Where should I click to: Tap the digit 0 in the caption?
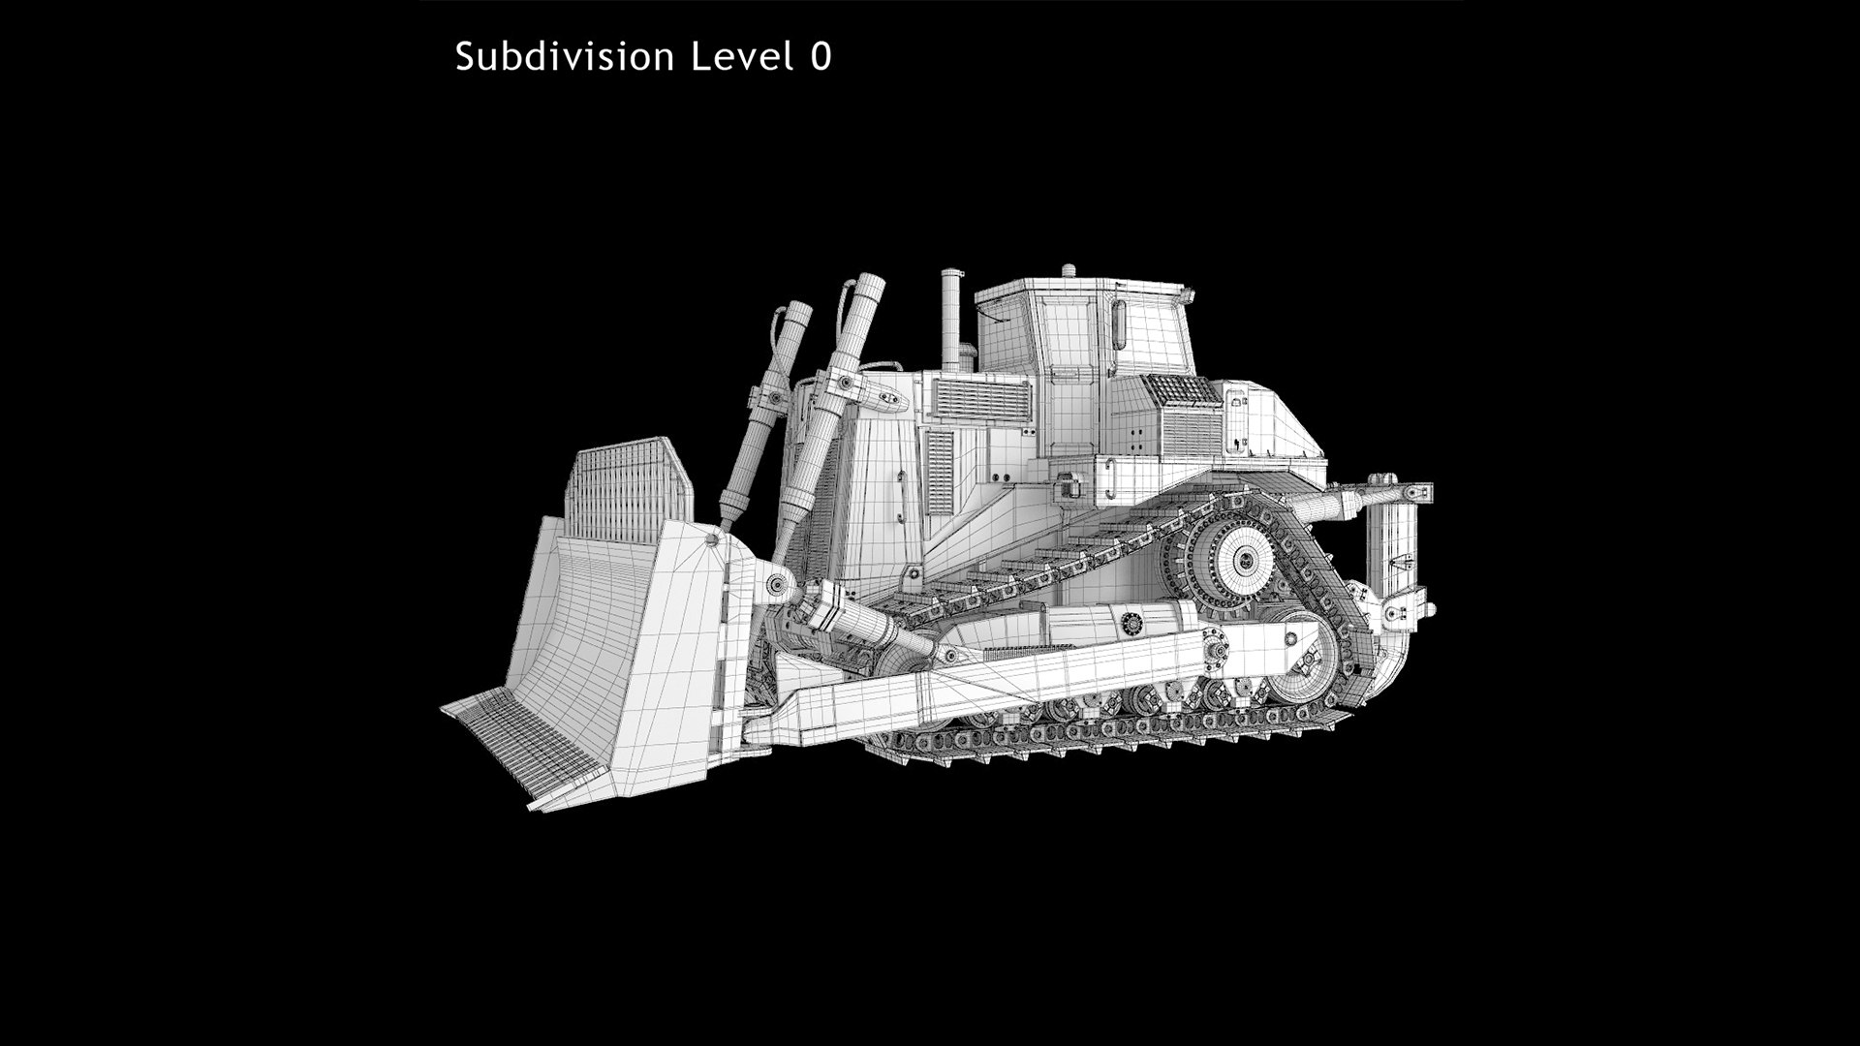[x=820, y=56]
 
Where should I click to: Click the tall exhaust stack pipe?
[x=951, y=320]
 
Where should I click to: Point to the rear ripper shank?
[x=1394, y=562]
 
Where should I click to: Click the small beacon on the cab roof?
[x=1068, y=271]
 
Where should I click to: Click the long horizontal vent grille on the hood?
[x=980, y=399]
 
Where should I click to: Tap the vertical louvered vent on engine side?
[x=939, y=472]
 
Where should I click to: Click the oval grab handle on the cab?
[x=1119, y=324]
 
